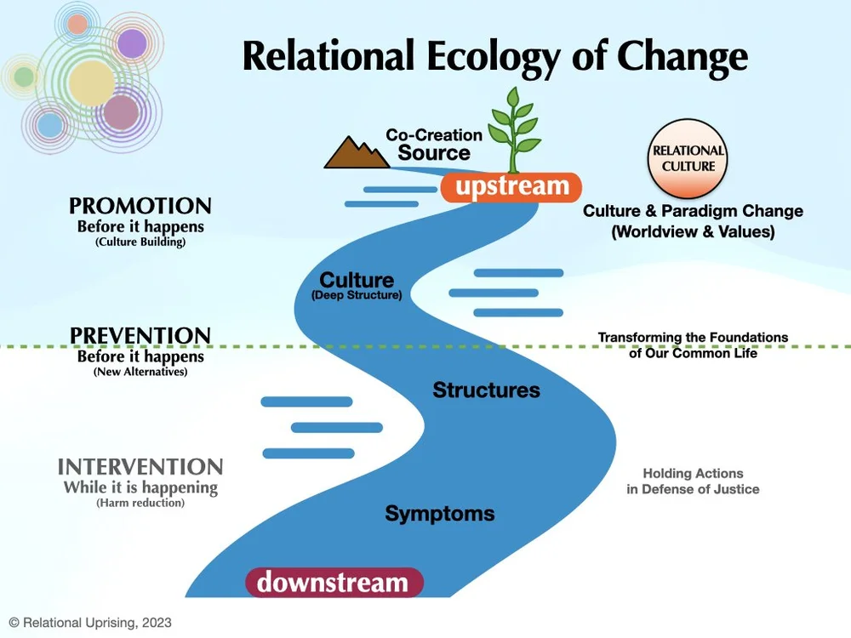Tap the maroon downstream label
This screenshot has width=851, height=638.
coord(333,583)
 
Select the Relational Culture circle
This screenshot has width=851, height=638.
coord(688,157)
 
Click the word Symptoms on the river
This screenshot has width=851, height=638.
coord(439,514)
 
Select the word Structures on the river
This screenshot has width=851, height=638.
coord(486,390)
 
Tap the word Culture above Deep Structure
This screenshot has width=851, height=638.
coord(357,280)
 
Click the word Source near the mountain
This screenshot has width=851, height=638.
coord(434,153)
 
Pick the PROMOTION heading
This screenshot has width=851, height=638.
coord(140,207)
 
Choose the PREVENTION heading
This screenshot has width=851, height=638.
coord(140,336)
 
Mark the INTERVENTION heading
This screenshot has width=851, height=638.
coord(140,467)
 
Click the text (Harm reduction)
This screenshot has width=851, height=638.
coord(140,504)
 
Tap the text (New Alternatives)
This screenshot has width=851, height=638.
coord(140,372)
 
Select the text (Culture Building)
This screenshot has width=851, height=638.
coord(140,242)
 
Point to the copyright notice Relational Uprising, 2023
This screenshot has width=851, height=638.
coord(90,623)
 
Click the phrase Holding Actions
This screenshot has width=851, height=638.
coord(693,474)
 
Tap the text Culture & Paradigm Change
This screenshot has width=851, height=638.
coord(693,211)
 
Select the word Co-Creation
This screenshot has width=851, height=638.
coord(434,134)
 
